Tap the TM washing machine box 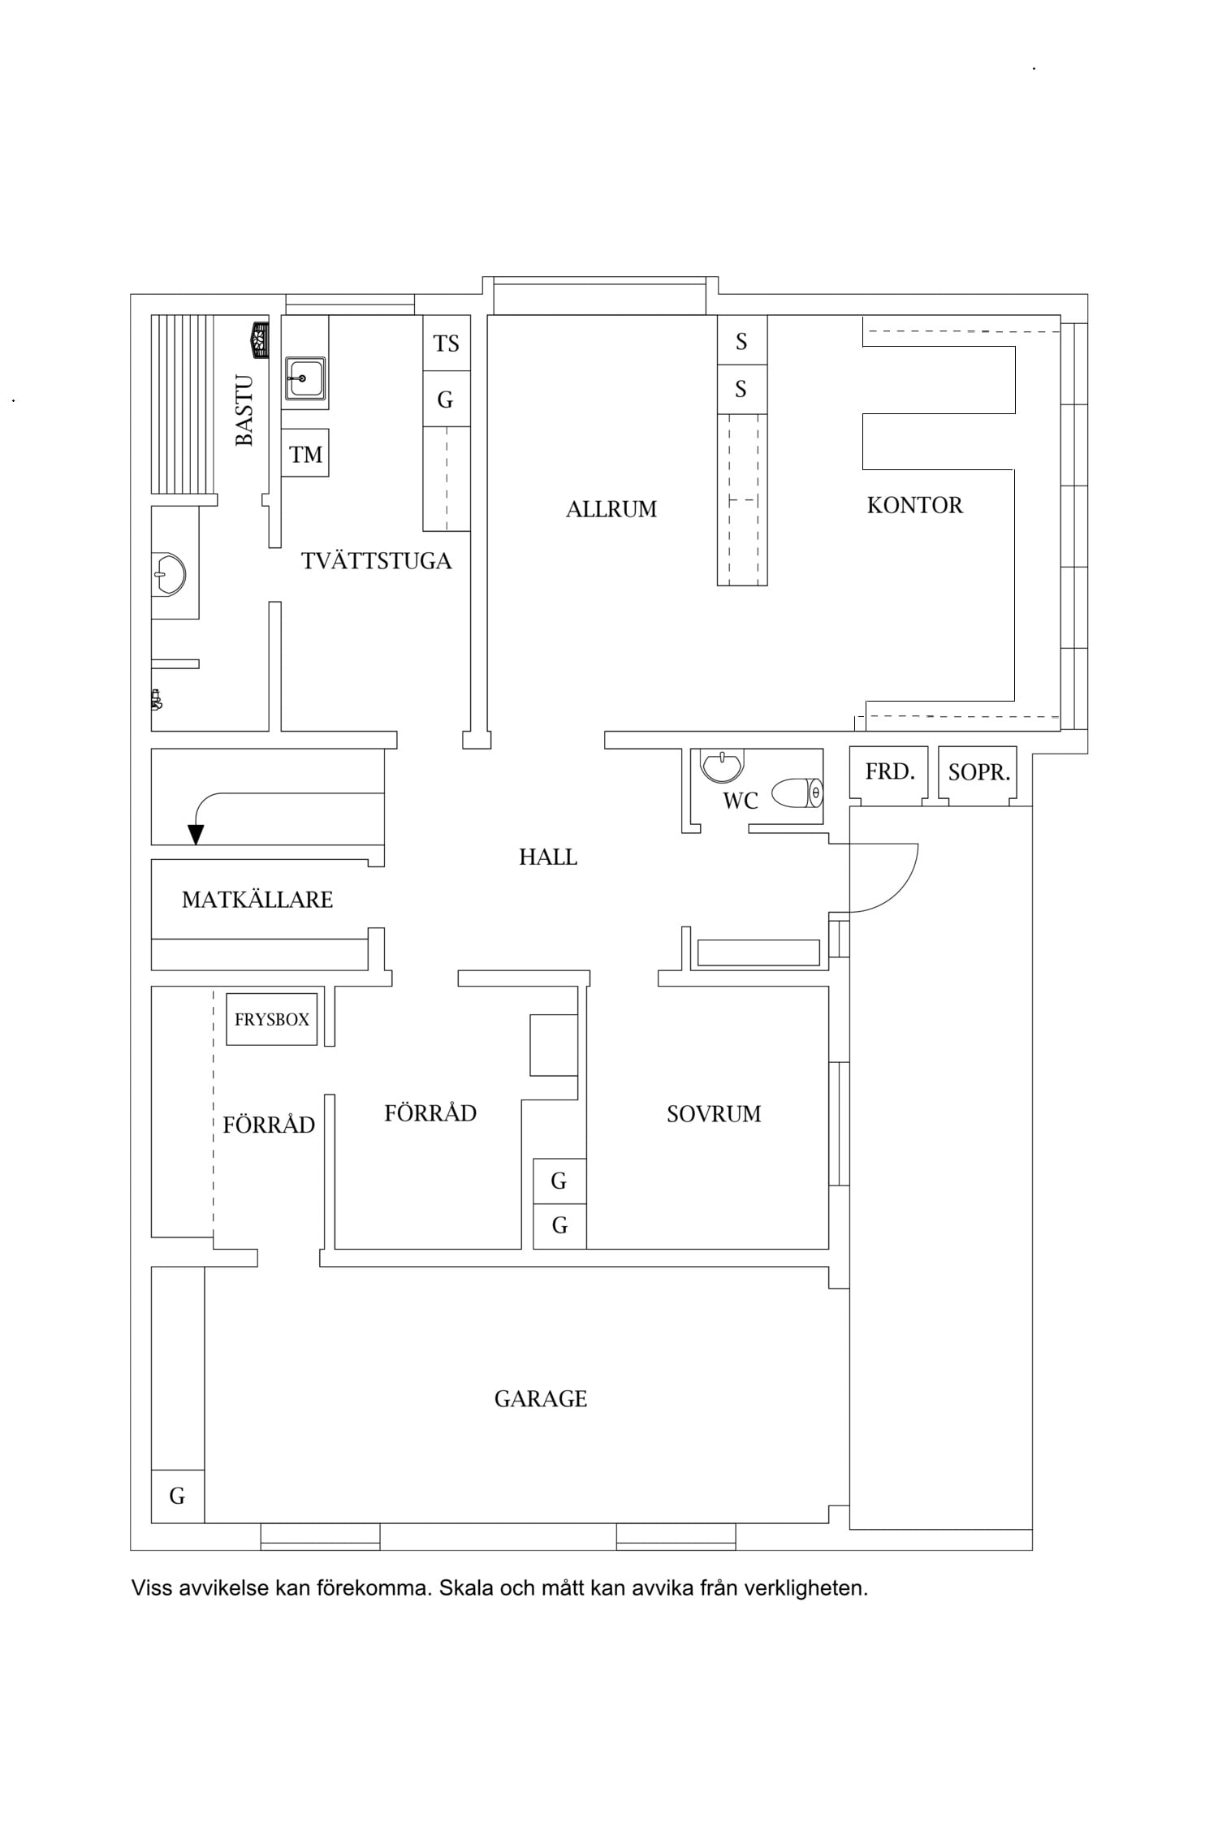305,453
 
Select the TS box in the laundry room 447,343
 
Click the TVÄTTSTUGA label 376,561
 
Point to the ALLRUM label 611,509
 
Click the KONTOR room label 914,505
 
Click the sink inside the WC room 722,766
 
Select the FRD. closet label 890,771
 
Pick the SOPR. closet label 979,772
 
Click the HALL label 548,857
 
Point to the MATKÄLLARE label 257,900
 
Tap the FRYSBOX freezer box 271,1019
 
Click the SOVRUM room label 714,1114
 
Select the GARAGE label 541,1399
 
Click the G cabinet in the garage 178,1496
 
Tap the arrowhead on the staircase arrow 196,835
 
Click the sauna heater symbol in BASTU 260,339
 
